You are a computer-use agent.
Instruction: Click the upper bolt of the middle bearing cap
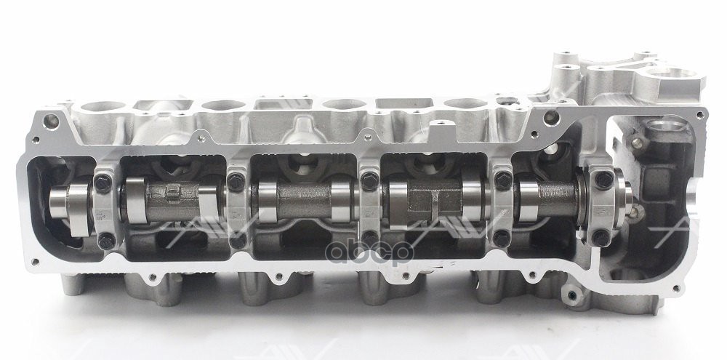(369, 175)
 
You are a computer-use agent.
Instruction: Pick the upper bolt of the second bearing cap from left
(236, 175)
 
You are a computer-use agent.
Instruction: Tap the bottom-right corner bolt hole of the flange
(692, 255)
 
